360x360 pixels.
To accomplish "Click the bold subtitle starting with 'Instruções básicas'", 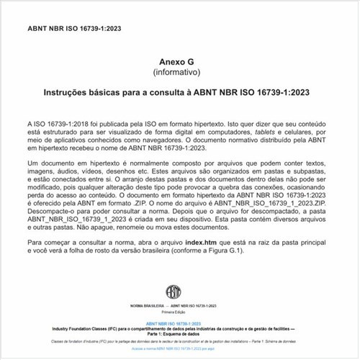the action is [179, 92].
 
